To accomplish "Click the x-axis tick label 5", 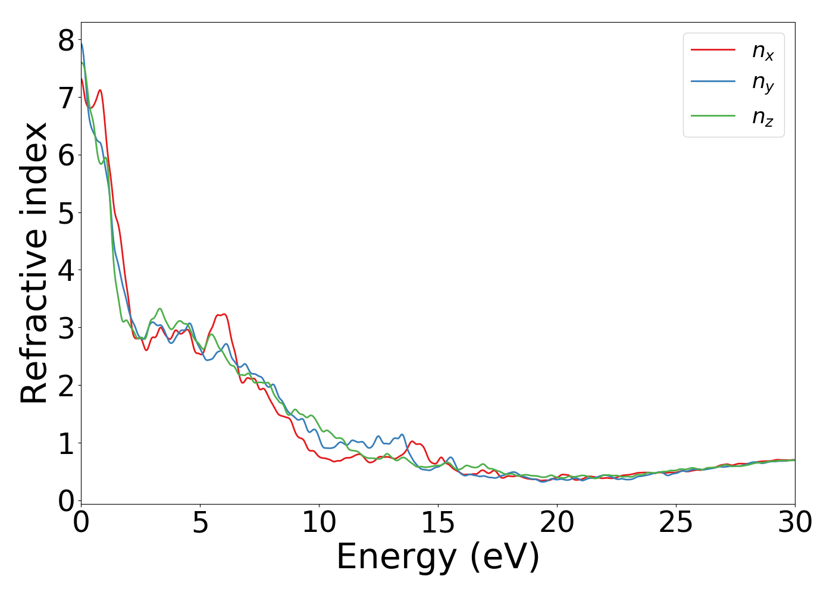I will (x=201, y=524).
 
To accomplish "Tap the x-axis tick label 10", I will (x=319, y=524).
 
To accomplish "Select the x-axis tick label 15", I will (x=438, y=524).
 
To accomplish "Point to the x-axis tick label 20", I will (x=557, y=524).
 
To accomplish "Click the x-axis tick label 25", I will (x=676, y=524).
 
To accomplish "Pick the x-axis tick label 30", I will (x=795, y=524).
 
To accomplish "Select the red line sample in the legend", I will (x=713, y=49).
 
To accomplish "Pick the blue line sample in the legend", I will (x=713, y=82).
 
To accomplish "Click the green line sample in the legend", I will (x=713, y=115).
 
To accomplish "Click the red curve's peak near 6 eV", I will (x=223, y=314).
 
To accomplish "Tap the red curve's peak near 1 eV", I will (x=100, y=90).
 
